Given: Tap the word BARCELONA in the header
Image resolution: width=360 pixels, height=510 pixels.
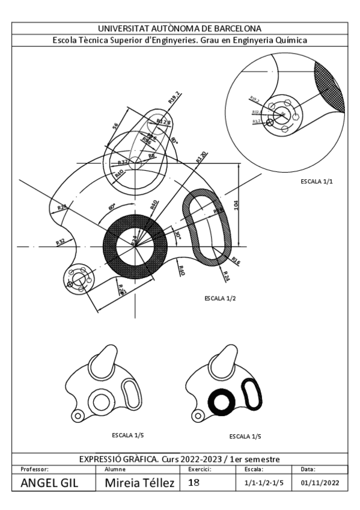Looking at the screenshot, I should (x=237, y=28).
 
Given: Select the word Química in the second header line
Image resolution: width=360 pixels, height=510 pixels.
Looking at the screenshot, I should (x=291, y=40).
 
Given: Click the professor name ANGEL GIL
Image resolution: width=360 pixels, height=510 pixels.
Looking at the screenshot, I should (x=50, y=482).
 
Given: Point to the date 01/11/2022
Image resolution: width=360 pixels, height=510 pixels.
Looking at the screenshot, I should (x=320, y=483).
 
